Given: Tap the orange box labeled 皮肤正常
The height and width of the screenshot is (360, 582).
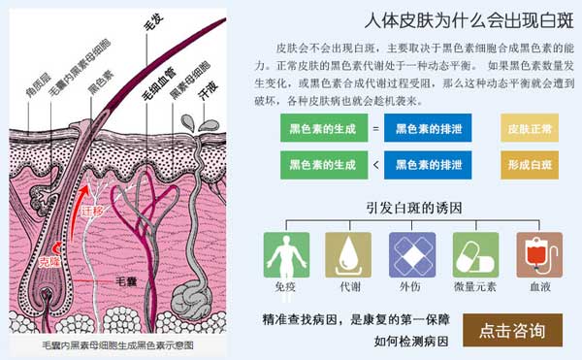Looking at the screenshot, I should (530, 128).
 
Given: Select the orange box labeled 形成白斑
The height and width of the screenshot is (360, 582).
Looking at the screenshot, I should (530, 165).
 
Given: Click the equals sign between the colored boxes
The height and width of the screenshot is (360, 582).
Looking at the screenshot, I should (375, 128).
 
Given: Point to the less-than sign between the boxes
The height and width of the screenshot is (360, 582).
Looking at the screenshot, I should (375, 165).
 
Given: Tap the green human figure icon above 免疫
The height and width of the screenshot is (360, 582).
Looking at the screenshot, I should (285, 255).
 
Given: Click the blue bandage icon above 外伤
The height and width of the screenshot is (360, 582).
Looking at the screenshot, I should (411, 255).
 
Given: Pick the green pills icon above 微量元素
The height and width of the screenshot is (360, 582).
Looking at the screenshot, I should (475, 255).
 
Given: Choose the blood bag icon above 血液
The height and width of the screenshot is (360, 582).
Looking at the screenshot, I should (538, 255).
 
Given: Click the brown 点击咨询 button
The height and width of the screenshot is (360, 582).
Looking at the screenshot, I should (511, 329).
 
